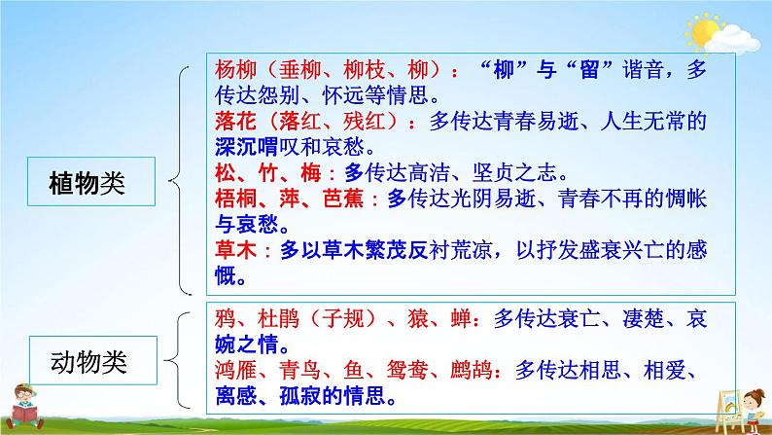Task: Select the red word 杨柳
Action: pyautogui.click(x=232, y=70)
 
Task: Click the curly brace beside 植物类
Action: pyautogui.click(x=182, y=180)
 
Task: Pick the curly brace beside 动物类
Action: pyautogui.click(x=182, y=360)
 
